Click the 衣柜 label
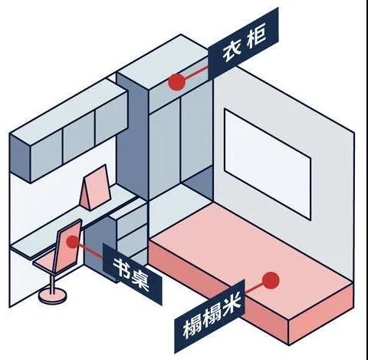coord(243,44)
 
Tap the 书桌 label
coord(132,274)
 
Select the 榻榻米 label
coord(209,316)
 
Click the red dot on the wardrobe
coord(176,82)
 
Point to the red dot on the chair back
coord(73,242)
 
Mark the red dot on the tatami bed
coord(271,281)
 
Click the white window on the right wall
coord(268,163)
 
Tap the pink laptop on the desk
coord(95,188)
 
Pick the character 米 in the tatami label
coord(231,305)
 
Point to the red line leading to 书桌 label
coord(90,251)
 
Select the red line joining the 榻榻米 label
coord(255,289)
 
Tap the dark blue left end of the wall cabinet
coord(20,159)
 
